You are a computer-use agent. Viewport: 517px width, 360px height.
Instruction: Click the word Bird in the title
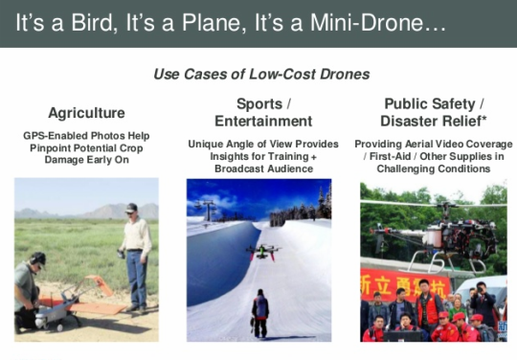tap(91, 22)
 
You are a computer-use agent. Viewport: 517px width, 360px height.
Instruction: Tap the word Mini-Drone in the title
tap(366, 22)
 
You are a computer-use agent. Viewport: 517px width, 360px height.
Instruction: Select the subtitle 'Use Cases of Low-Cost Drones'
tap(261, 74)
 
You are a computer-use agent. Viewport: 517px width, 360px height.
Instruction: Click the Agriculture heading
tap(86, 113)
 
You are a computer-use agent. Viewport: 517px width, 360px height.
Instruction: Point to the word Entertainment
tap(263, 121)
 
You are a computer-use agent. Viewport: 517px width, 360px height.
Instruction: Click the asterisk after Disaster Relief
tap(483, 118)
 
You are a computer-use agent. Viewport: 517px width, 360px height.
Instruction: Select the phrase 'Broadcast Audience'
tap(264, 169)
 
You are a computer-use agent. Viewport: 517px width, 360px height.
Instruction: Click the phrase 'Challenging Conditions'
tap(434, 169)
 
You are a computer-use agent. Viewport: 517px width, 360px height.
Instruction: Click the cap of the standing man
tap(131, 208)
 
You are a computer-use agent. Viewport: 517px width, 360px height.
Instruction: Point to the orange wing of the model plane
tap(98, 306)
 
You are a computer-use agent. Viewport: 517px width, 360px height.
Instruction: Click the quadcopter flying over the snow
tap(263, 252)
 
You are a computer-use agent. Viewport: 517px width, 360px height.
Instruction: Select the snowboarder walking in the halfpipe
tap(260, 313)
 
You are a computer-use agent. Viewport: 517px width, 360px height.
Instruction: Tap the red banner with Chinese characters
tap(405, 284)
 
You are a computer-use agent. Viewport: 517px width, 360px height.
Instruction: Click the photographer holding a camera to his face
tap(482, 304)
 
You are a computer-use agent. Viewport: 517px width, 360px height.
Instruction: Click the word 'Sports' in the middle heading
tap(259, 104)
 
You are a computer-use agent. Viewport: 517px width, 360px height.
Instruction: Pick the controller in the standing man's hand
tap(121, 254)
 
